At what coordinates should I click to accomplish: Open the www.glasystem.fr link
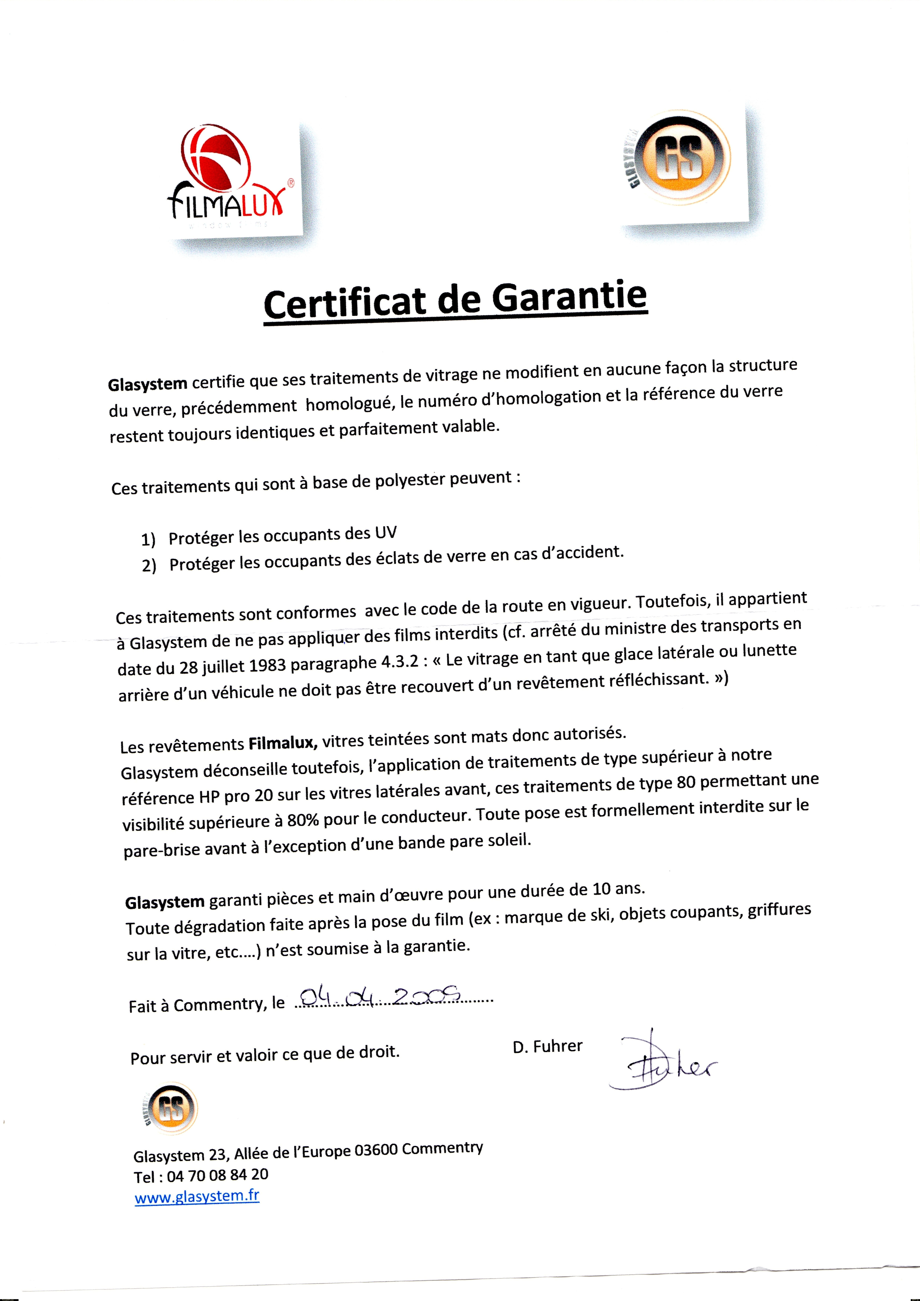[x=197, y=1196]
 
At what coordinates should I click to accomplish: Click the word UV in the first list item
[x=385, y=533]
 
